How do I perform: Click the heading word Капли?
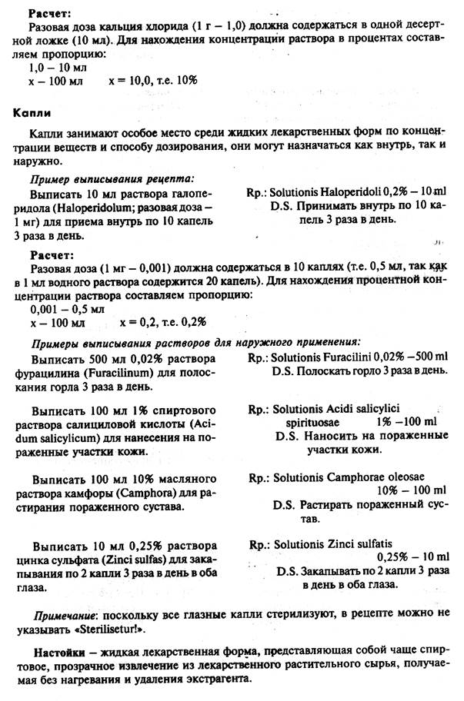(32, 111)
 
